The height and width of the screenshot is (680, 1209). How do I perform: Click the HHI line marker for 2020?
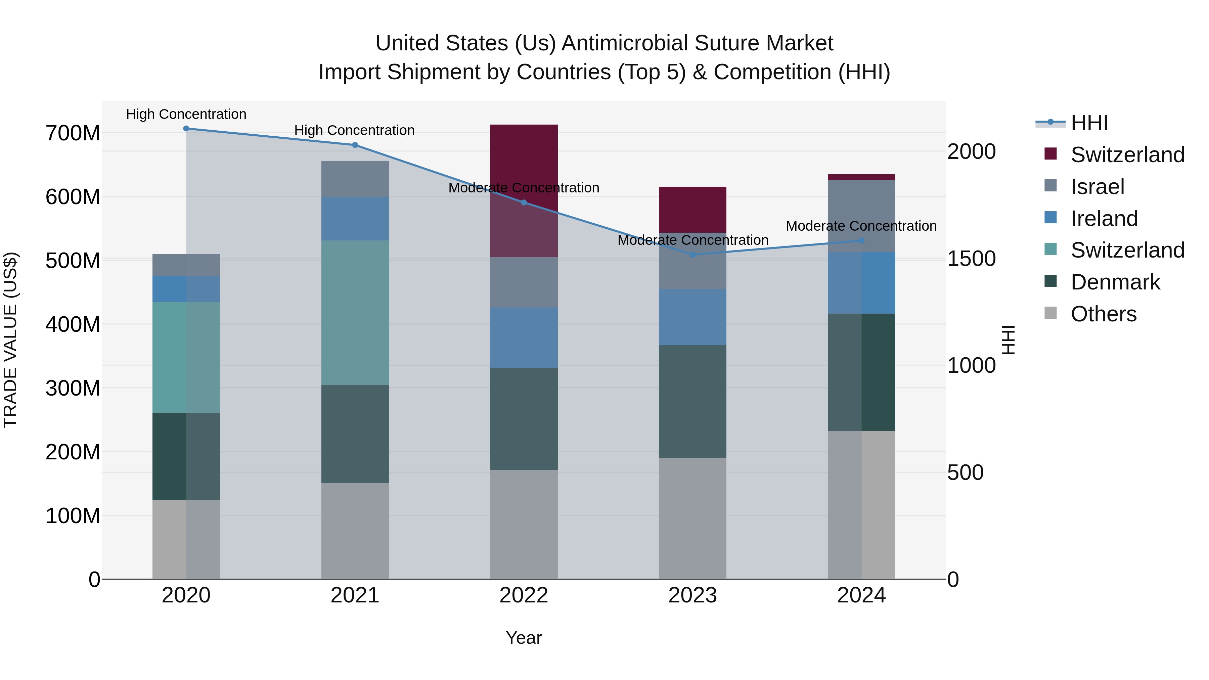tap(186, 128)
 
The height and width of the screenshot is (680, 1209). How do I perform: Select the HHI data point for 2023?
tap(693, 254)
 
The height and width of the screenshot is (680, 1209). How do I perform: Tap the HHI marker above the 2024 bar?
tap(861, 240)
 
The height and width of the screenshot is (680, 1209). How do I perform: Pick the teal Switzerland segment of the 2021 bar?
tap(355, 313)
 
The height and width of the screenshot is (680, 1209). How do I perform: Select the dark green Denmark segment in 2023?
tap(693, 401)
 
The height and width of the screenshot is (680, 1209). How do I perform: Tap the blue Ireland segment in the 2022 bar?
tap(524, 337)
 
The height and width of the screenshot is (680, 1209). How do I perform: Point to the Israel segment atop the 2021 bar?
tap(355, 178)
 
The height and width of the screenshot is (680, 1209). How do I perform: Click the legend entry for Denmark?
tap(1115, 282)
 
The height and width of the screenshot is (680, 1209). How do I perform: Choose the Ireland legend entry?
tap(1104, 219)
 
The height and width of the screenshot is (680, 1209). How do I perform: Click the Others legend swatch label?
tap(1104, 314)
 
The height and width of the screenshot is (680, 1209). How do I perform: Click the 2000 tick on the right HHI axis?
tap(971, 151)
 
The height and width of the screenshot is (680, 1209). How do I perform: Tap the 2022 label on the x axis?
tap(524, 595)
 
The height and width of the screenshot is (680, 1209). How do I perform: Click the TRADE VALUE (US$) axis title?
tap(10, 340)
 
